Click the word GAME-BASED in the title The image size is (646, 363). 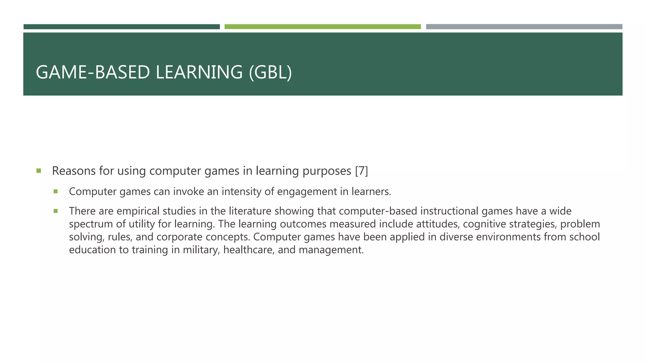point(93,72)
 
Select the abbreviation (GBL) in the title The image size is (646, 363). point(270,72)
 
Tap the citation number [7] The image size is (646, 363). point(361,171)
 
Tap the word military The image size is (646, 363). point(201,250)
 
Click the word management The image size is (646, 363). point(331,250)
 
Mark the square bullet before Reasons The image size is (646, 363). point(39,171)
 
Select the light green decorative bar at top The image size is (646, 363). point(322,27)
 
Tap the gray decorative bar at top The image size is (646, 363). point(524,27)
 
